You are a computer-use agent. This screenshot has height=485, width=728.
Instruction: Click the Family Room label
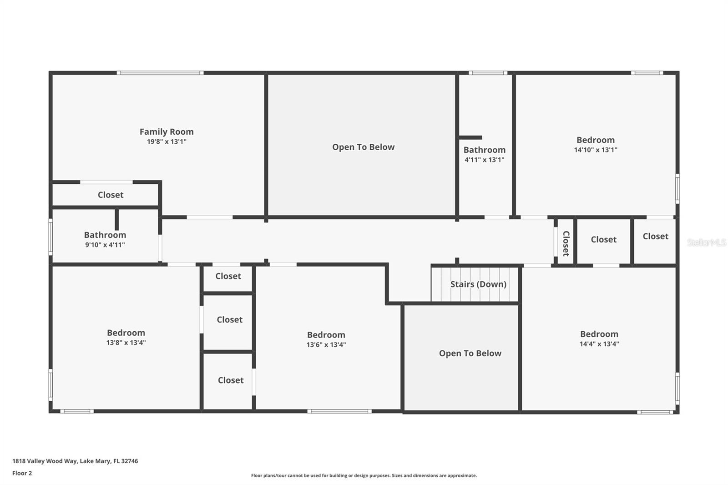point(167,131)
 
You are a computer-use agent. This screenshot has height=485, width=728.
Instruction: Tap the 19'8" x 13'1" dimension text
point(167,141)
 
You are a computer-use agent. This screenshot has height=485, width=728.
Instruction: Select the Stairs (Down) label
point(478,284)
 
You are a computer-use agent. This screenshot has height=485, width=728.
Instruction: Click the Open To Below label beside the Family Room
point(363,147)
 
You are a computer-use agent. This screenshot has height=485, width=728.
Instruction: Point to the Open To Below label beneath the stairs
point(470,353)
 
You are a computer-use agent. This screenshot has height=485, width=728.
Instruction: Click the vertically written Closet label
point(566,243)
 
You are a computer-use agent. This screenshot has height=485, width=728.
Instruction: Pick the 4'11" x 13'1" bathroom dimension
point(484,160)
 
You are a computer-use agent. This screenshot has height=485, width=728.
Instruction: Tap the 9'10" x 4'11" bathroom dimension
point(105,245)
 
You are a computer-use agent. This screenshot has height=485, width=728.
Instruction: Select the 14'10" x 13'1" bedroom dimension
point(595,150)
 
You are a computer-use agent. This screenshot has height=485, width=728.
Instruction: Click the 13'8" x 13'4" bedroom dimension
point(126,343)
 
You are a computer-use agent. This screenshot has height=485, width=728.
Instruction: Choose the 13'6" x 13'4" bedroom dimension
point(326,345)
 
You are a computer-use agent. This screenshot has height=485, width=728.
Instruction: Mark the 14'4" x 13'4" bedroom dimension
point(599,344)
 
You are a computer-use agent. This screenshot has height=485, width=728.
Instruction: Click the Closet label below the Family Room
point(111,195)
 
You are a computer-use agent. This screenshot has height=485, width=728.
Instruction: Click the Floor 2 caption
point(22,473)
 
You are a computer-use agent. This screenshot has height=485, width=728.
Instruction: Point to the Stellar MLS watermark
point(706,242)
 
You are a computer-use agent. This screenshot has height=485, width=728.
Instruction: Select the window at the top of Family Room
point(160,73)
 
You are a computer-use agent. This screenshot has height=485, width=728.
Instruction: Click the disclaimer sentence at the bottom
point(364,475)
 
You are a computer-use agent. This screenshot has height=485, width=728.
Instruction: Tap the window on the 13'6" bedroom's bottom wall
point(339,411)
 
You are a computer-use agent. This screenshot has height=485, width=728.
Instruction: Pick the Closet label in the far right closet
point(655,236)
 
